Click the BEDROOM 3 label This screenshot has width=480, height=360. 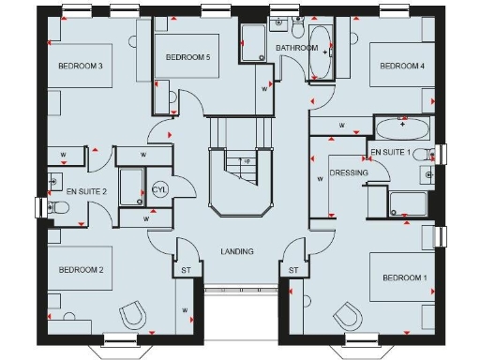click(x=80, y=66)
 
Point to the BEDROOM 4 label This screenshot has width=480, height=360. click(x=402, y=66)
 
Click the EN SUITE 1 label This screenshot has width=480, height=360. click(x=392, y=151)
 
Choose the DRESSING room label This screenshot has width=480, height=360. click(x=349, y=173)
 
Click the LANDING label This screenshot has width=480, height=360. click(x=236, y=251)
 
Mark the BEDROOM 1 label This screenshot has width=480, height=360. click(x=404, y=278)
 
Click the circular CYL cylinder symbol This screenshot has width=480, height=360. click(x=159, y=190)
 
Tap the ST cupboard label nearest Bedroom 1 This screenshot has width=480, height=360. click(x=292, y=271)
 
